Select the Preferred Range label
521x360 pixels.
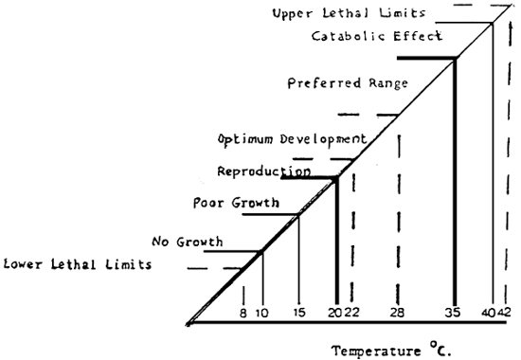point(348,83)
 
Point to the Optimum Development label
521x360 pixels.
point(291,138)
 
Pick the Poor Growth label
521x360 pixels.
point(236,203)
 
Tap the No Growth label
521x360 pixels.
point(188,242)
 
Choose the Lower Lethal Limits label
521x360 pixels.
point(78,264)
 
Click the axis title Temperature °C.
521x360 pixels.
point(392,351)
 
